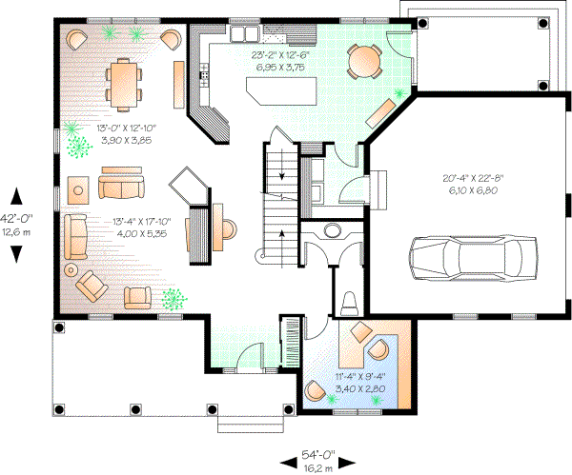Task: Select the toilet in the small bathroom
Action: pyautogui.click(x=349, y=303)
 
